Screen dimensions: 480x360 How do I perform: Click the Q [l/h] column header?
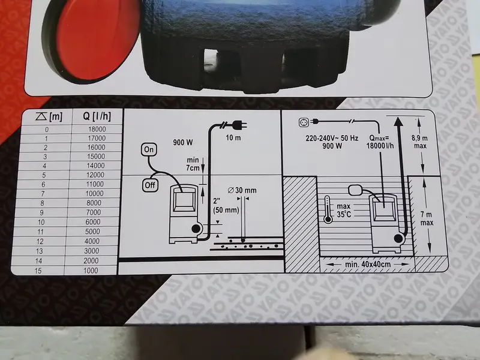pyautogui.click(x=97, y=116)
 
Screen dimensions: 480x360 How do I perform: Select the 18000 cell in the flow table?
pyautogui.click(x=97, y=129)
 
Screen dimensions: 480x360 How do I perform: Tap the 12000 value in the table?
pyautogui.click(x=95, y=175)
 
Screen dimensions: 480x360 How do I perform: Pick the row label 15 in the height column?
pyautogui.click(x=38, y=271)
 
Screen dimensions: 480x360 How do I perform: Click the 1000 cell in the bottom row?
pyautogui.click(x=91, y=271)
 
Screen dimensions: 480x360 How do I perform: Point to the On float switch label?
pyautogui.click(x=149, y=149)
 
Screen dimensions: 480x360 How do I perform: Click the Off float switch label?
pyautogui.click(x=150, y=185)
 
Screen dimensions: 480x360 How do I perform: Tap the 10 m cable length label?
pyautogui.click(x=233, y=138)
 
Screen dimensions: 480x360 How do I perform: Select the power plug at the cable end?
pyautogui.click(x=240, y=125)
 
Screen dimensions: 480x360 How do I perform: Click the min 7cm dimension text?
pyautogui.click(x=193, y=164)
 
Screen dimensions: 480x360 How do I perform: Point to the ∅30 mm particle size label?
pyautogui.click(x=242, y=190)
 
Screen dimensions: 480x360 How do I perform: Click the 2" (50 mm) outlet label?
pyautogui.click(x=226, y=206)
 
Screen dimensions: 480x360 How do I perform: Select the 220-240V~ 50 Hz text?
pyautogui.click(x=332, y=138)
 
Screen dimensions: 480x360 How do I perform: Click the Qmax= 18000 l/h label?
pyautogui.click(x=380, y=142)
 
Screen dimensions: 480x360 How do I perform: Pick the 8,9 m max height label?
pyautogui.click(x=419, y=142)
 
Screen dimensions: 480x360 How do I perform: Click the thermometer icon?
pyautogui.click(x=328, y=209)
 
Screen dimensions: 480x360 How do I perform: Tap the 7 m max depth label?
pyautogui.click(x=427, y=219)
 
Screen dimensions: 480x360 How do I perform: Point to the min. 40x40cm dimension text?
pyautogui.click(x=368, y=264)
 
